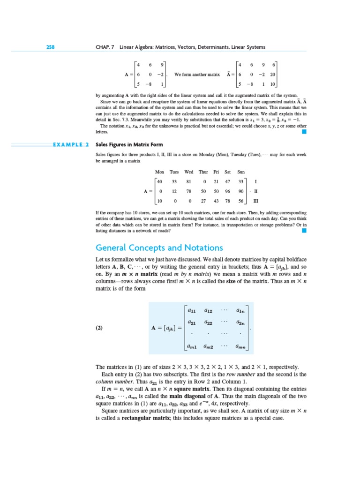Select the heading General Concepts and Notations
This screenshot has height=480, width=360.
(159, 247)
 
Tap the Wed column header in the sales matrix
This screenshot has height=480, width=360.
(189, 172)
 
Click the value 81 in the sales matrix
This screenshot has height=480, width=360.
(189, 181)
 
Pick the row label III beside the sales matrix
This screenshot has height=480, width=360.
(256, 201)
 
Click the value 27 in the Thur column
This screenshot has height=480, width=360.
(203, 201)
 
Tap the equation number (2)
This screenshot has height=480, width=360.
(99, 329)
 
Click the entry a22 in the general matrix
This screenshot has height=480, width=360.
(209, 322)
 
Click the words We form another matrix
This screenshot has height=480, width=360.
(197, 74)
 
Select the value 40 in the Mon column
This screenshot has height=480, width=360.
(160, 181)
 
